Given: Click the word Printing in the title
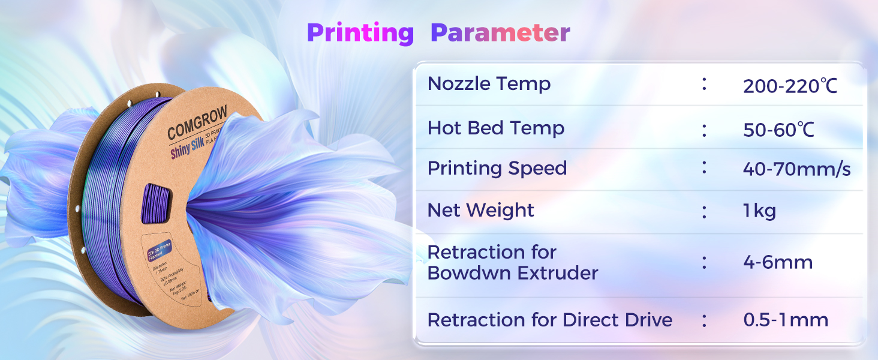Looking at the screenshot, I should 360,33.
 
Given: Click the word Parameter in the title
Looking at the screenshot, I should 500,33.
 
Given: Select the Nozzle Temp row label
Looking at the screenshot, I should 489,84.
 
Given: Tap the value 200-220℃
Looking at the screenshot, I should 790,86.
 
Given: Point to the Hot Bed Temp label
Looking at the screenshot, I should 496,128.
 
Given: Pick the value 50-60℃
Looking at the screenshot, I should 778,130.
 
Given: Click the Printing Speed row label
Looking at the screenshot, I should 497,169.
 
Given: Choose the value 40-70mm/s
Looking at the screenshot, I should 796,170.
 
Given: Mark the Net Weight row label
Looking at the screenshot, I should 480,210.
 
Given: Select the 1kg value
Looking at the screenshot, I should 759,211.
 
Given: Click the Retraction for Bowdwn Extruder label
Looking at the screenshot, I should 513,263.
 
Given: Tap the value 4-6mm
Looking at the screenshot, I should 778,262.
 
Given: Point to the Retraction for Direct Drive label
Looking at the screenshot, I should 549,320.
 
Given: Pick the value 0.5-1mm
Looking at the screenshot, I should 786,320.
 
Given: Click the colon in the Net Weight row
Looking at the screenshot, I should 704,211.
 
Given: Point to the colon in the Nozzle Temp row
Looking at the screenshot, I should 704,85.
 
